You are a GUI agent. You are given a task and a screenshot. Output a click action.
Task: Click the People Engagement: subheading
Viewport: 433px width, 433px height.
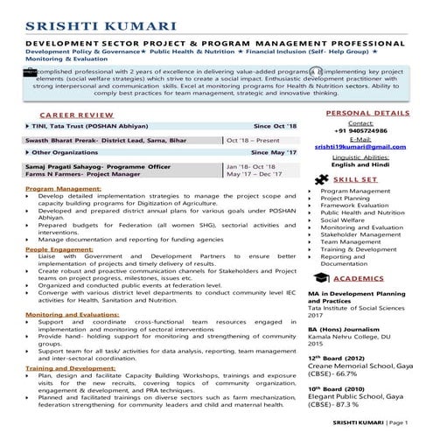tap(59, 249)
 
